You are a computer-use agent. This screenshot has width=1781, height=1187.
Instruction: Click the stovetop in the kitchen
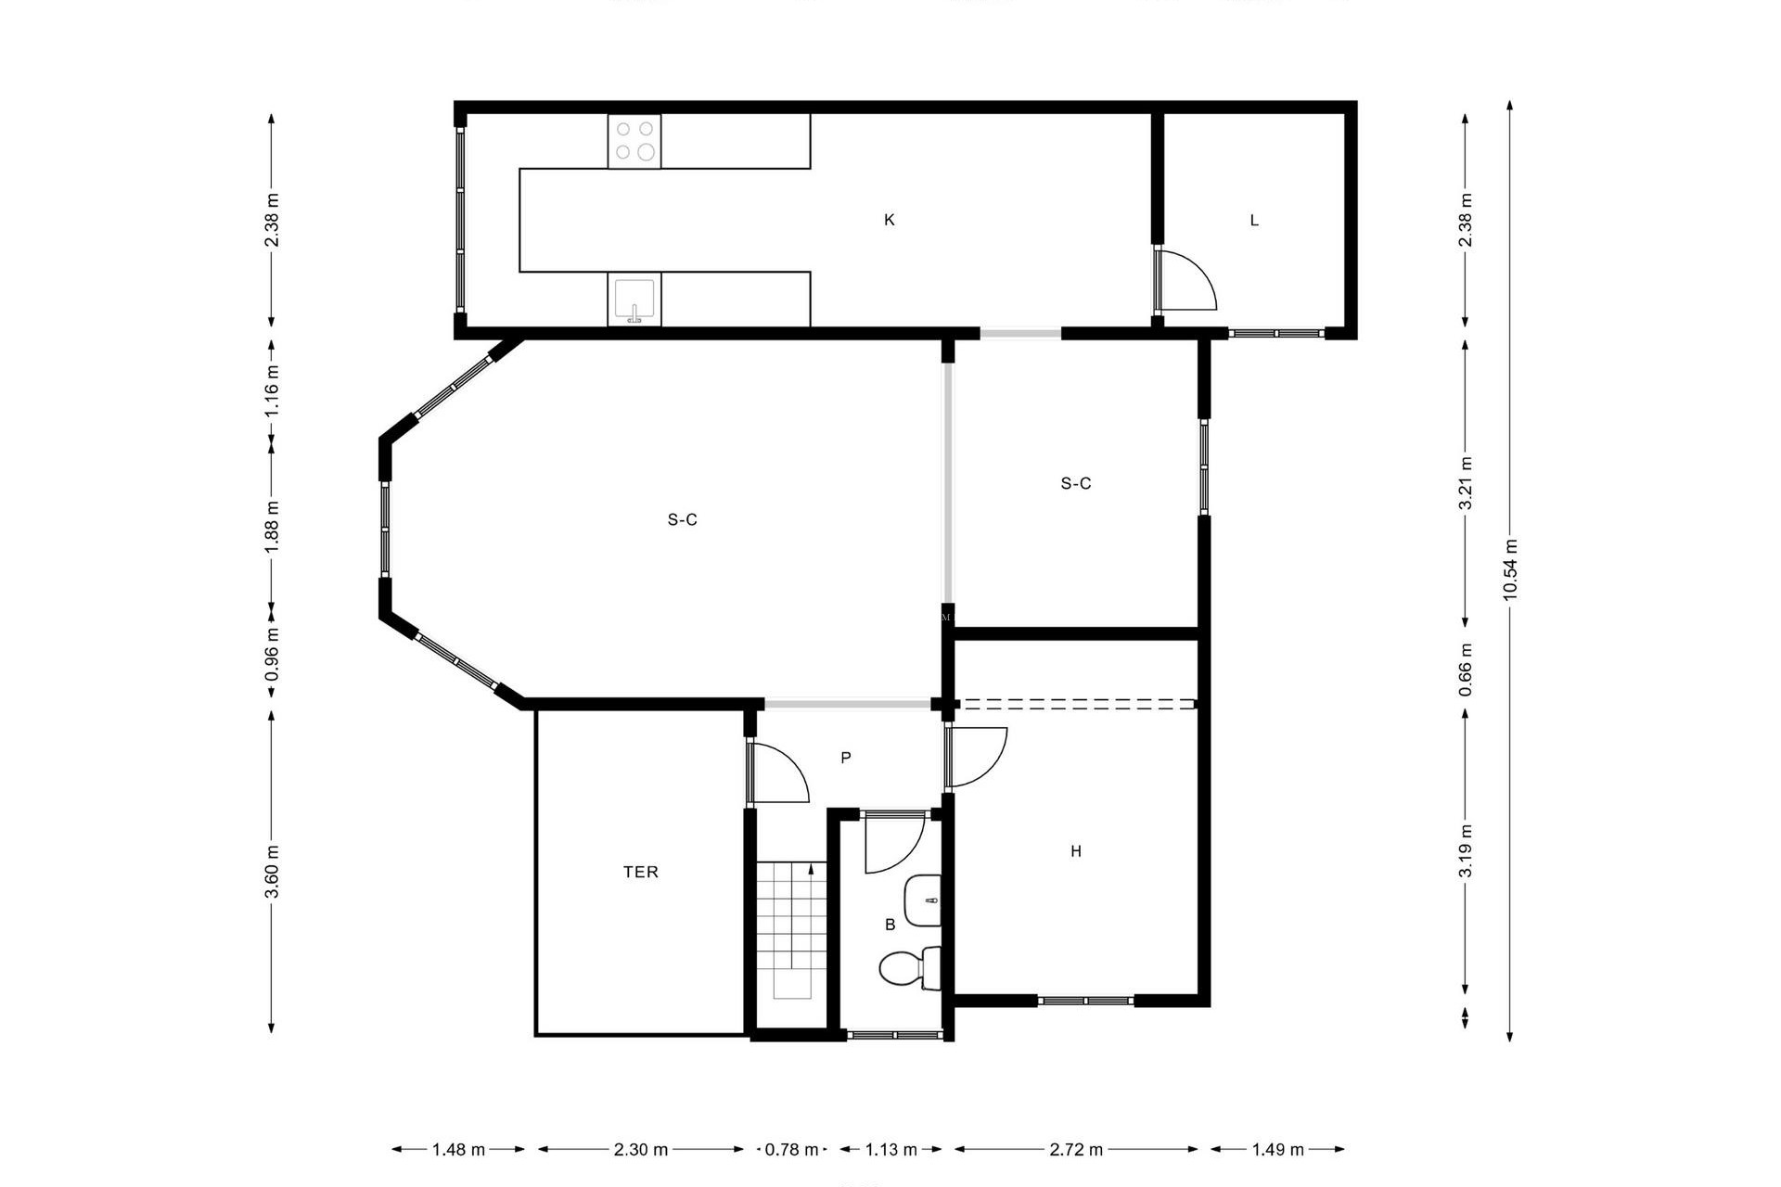634,141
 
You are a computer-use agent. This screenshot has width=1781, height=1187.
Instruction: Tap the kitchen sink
634,300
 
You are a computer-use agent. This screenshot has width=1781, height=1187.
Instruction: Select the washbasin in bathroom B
923,900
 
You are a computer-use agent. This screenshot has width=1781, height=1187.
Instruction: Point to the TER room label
640,872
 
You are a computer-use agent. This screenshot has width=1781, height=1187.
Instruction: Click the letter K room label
889,220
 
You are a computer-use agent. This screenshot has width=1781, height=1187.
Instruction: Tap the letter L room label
1254,220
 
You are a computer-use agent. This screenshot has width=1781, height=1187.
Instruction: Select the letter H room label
1076,851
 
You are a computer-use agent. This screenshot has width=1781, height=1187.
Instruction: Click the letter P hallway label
845,758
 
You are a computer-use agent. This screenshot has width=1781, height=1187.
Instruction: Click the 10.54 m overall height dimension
1509,569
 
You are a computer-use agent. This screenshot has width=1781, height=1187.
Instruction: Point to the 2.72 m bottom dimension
1076,1150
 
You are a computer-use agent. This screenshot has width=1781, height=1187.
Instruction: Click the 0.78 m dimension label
791,1150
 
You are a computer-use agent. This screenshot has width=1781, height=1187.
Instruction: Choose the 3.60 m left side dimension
272,872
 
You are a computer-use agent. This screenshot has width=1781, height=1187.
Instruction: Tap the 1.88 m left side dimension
272,527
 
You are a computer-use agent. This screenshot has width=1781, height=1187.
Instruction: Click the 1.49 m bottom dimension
1277,1150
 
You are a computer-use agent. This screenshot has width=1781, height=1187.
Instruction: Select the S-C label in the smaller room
1076,483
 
